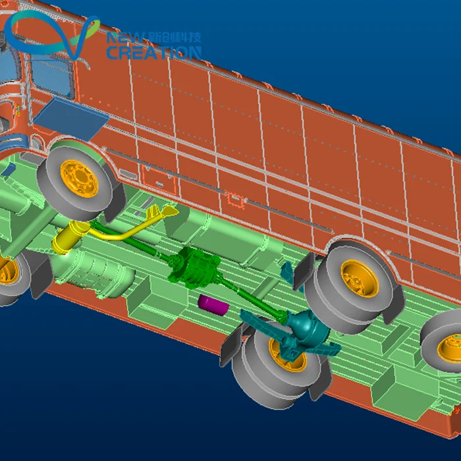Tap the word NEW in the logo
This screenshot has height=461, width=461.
(x=122, y=38)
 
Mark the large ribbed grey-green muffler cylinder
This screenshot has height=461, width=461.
(x=99, y=270)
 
